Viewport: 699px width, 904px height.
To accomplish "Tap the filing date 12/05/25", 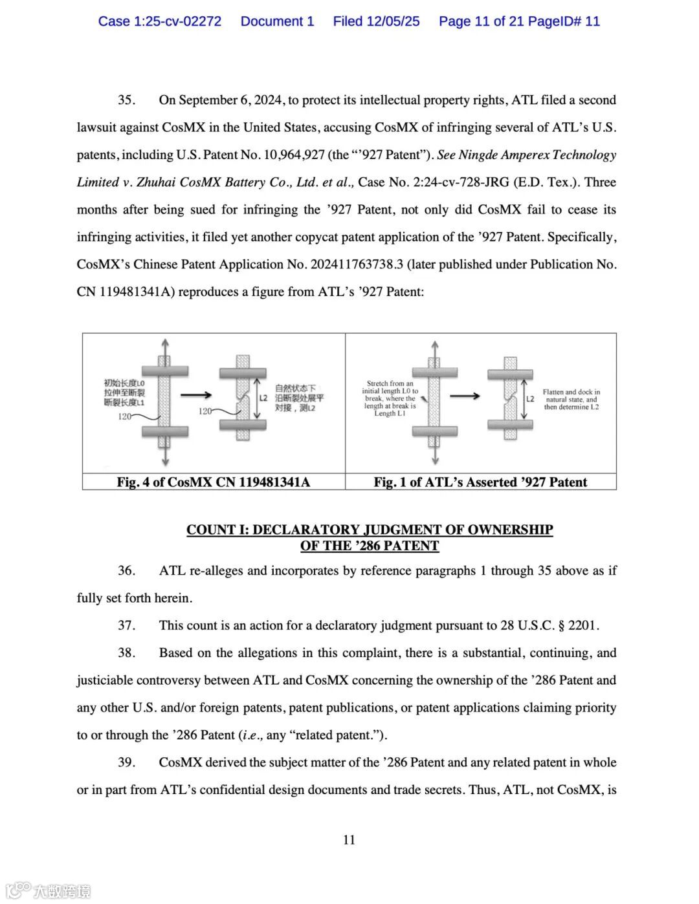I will pyautogui.click(x=393, y=21).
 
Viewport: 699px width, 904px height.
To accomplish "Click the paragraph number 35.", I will pyautogui.click(x=126, y=100).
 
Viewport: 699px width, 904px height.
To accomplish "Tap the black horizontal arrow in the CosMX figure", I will pyautogui.click(x=195, y=395).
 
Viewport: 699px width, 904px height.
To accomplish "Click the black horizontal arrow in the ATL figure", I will pyautogui.click(x=465, y=396).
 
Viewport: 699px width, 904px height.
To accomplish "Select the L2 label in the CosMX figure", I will pyautogui.click(x=263, y=398).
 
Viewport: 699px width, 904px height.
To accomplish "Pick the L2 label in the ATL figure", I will pyautogui.click(x=530, y=399).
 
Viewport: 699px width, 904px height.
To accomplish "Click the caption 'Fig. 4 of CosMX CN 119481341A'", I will pyautogui.click(x=214, y=482).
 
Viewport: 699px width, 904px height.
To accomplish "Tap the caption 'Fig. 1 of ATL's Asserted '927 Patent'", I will pyautogui.click(x=480, y=482).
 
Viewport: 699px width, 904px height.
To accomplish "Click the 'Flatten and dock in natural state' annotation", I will pyautogui.click(x=571, y=400).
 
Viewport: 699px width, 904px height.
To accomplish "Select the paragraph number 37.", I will pyautogui.click(x=126, y=626).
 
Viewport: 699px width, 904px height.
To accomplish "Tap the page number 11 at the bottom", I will pyautogui.click(x=349, y=840).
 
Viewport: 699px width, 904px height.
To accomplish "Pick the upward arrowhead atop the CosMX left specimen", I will pyautogui.click(x=165, y=343).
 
